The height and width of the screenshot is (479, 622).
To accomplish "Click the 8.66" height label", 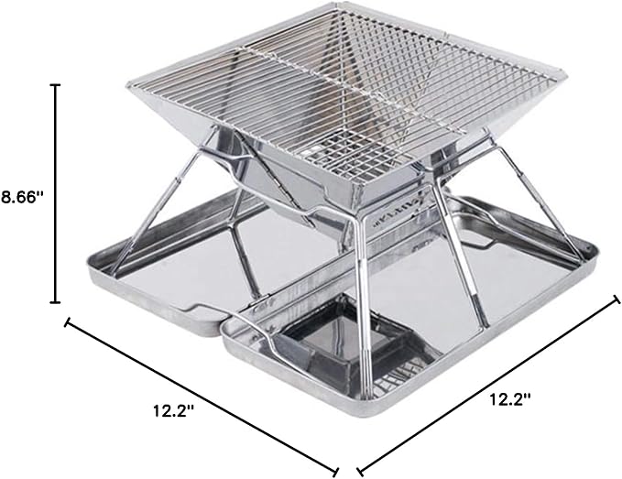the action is coord(23,197).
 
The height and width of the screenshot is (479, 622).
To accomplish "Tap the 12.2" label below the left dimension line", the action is coord(174,411).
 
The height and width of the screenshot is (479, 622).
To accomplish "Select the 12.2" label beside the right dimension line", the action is coord(510,399).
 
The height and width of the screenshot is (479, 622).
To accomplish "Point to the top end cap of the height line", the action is coord(55,85).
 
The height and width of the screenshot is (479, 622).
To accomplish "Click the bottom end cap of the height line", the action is coord(55,302).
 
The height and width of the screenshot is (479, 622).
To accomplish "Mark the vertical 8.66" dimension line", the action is coord(55,193).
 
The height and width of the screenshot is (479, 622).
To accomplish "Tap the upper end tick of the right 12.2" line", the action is coord(617,299).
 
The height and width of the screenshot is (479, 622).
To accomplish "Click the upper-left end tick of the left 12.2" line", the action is coord(67,322).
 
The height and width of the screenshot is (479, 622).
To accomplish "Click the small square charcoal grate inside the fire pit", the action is coord(349,153).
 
